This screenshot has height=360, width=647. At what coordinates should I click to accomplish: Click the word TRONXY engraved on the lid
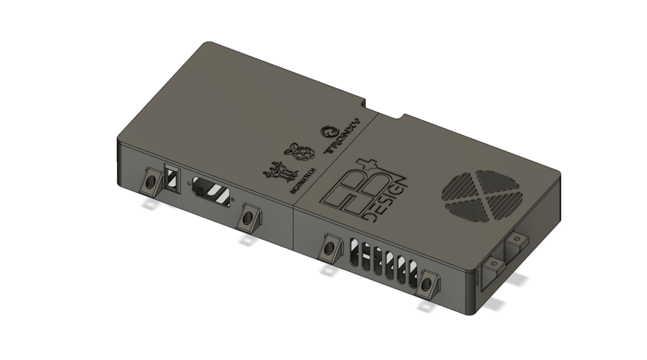[342, 136]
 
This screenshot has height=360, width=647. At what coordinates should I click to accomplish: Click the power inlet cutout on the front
[211, 190]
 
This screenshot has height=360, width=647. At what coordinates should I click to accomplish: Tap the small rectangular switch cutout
[171, 177]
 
